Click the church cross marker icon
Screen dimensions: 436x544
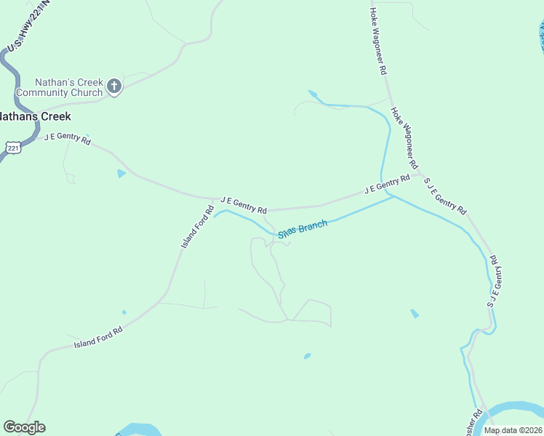(x=113, y=87)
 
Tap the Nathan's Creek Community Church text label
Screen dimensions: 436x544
(x=60, y=87)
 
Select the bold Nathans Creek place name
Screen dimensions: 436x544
(x=34, y=116)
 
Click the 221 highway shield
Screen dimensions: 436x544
(x=13, y=148)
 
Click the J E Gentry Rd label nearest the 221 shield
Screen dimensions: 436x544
(x=68, y=138)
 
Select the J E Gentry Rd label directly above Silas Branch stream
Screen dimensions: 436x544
(x=243, y=203)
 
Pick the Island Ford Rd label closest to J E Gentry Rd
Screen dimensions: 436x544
(x=196, y=227)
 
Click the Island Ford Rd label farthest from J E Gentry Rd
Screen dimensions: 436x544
(x=98, y=337)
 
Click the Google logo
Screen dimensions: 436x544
(x=24, y=427)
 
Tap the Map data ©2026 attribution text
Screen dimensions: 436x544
(x=513, y=430)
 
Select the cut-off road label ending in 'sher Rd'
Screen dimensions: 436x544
(x=473, y=424)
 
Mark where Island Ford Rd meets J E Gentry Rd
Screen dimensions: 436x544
(x=212, y=199)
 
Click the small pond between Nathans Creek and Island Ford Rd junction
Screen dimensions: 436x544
(x=121, y=174)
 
